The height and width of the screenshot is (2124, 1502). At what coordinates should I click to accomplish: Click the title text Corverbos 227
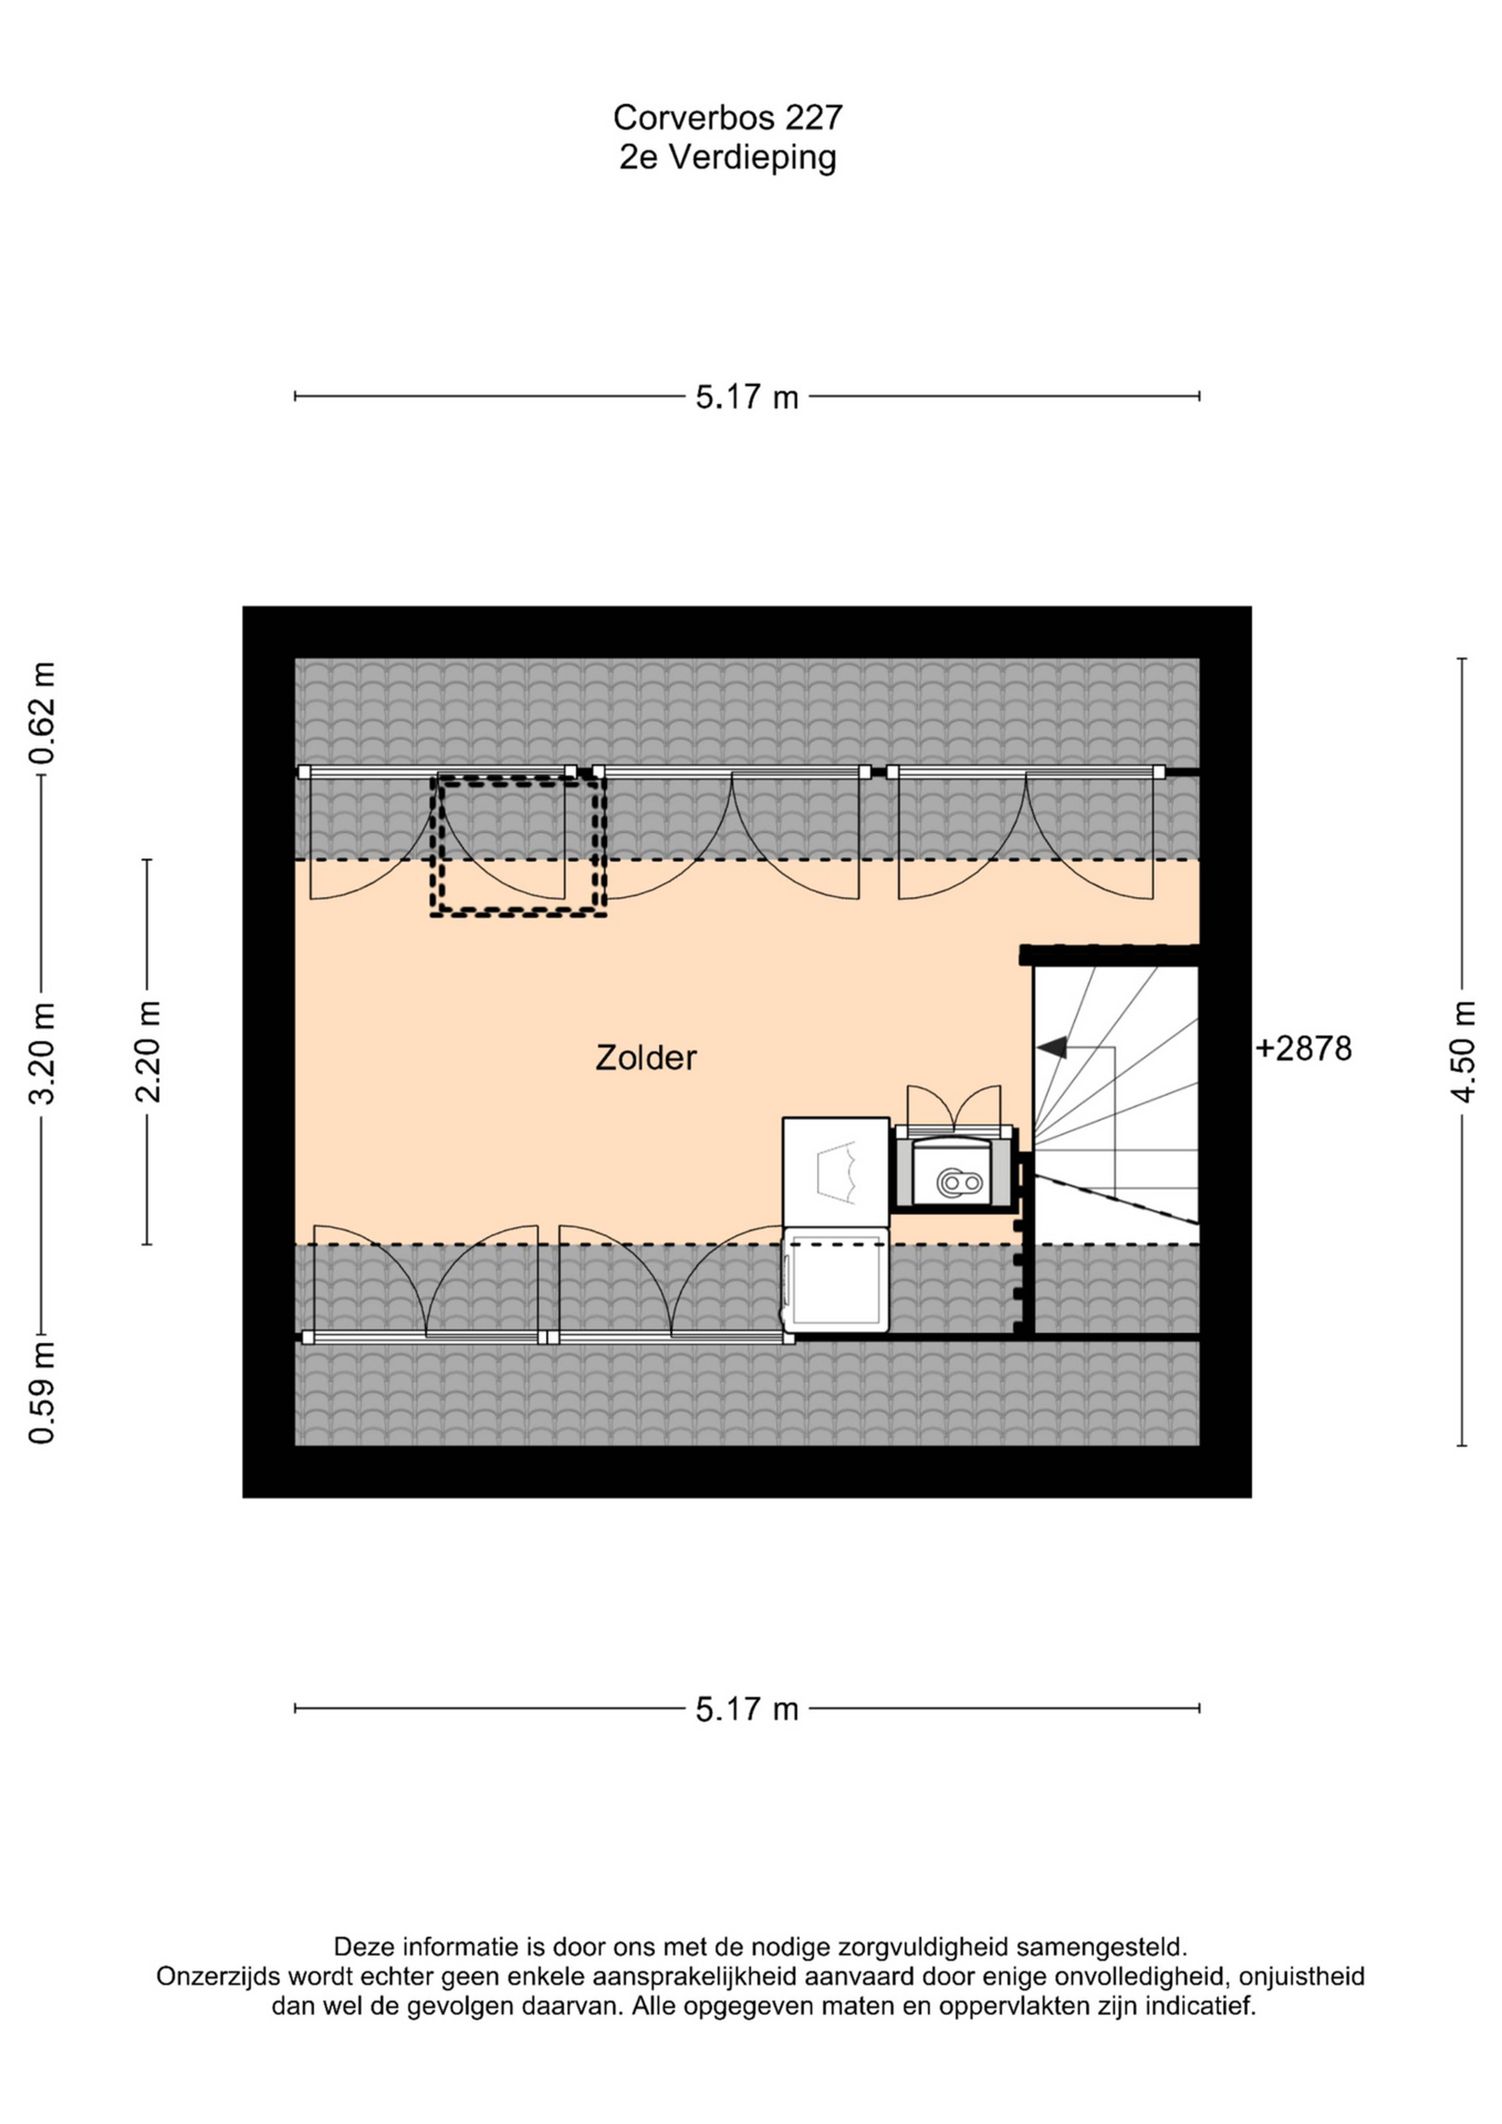click(728, 117)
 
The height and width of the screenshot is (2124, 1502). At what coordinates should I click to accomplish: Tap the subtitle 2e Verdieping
click(728, 157)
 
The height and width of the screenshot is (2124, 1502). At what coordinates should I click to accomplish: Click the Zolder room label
click(645, 1058)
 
